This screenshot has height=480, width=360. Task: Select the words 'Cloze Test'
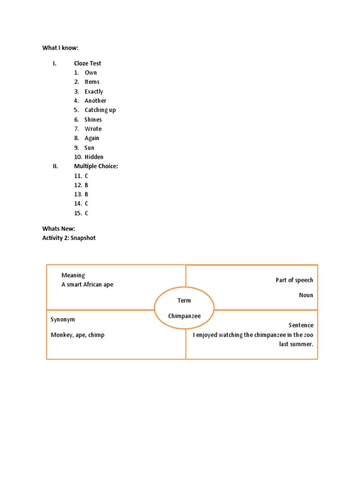pyautogui.click(x=87, y=63)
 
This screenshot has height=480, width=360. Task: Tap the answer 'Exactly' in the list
pyautogui.click(x=94, y=91)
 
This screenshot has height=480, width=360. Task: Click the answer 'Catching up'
pyautogui.click(x=100, y=110)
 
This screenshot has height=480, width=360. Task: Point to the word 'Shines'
pyautogui.click(x=93, y=120)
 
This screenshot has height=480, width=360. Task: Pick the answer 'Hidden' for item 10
pyautogui.click(x=94, y=157)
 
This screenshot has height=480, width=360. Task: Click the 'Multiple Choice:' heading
pyautogui.click(x=96, y=166)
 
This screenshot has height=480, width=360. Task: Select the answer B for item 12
pyautogui.click(x=87, y=185)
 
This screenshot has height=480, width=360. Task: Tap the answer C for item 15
pyautogui.click(x=87, y=213)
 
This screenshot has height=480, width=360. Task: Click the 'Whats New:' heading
pyautogui.click(x=59, y=229)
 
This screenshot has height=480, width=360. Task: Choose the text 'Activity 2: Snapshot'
pyautogui.click(x=68, y=238)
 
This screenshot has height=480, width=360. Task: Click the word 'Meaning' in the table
pyautogui.click(x=73, y=276)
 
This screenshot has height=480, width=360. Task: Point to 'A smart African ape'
pyautogui.click(x=87, y=285)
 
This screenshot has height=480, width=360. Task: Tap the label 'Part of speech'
pyautogui.click(x=294, y=280)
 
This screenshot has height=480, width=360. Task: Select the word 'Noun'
pyautogui.click(x=306, y=295)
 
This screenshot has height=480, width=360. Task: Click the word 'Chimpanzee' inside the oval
pyautogui.click(x=184, y=316)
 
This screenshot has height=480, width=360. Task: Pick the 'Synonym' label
pyautogui.click(x=63, y=320)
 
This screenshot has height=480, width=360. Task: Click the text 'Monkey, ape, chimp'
pyautogui.click(x=77, y=335)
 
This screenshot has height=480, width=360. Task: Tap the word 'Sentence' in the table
pyautogui.click(x=301, y=325)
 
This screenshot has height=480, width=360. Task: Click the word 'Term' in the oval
pyautogui.click(x=184, y=300)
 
